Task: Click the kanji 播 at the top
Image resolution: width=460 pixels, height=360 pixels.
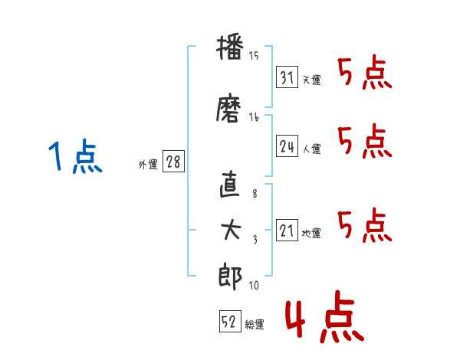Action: click(x=230, y=48)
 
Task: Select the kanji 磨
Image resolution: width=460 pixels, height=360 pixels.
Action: click(x=228, y=108)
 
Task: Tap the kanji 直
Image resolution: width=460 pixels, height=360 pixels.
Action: click(x=230, y=184)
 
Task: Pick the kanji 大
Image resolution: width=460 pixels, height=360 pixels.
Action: click(x=231, y=230)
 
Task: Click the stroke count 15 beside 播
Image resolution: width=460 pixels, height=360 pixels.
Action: click(x=254, y=55)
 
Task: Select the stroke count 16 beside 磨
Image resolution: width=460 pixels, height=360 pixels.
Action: click(x=254, y=117)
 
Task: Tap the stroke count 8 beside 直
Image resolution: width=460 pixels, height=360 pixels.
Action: click(x=255, y=193)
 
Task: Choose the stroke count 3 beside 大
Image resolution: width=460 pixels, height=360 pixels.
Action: click(x=255, y=240)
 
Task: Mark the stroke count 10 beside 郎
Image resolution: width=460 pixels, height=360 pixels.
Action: click(x=254, y=285)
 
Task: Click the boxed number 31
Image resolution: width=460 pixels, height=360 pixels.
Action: click(x=287, y=77)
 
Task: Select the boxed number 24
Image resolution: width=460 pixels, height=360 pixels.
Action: click(x=287, y=146)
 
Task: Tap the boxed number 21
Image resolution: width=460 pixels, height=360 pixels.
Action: click(x=287, y=230)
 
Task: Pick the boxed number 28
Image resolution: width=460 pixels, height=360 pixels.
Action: click(x=173, y=161)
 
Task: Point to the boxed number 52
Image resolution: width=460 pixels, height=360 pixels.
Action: click(x=230, y=321)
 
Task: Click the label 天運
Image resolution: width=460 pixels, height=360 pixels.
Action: click(x=312, y=80)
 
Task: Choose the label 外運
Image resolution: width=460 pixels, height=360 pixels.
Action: click(x=148, y=165)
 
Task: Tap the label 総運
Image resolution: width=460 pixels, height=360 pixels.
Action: click(x=255, y=325)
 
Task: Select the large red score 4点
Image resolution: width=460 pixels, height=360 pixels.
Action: click(x=325, y=316)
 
